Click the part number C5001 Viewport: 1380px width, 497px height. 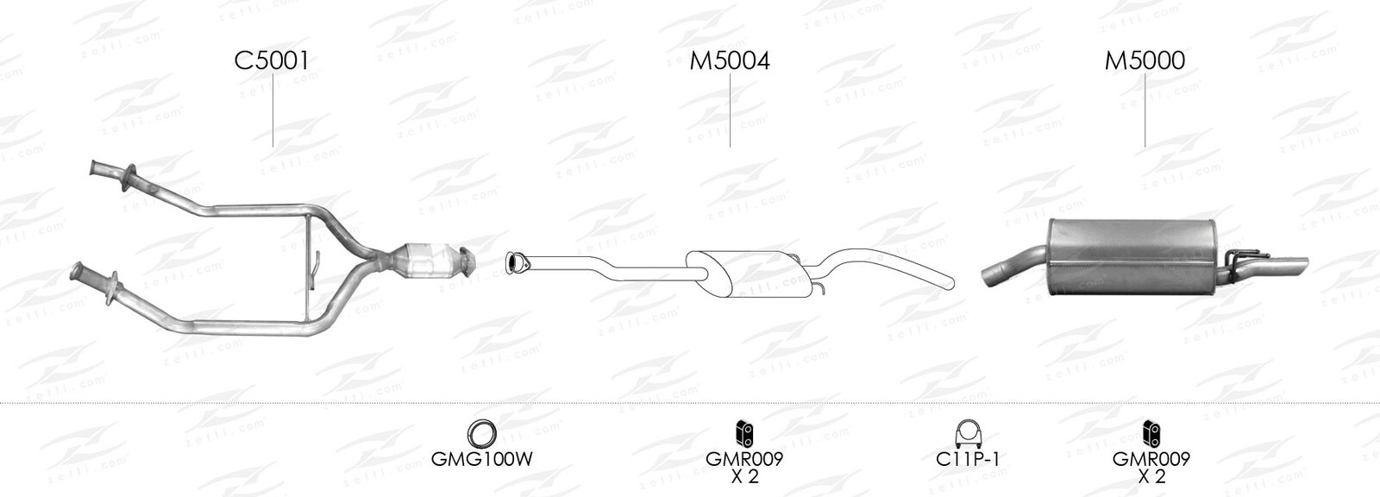tap(272, 61)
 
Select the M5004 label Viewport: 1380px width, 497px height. tap(730, 61)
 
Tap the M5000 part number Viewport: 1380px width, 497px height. tap(1145, 61)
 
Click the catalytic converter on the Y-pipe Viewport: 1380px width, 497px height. tap(426, 262)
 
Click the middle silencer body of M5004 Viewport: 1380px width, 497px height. tap(749, 274)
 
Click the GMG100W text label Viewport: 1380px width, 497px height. tap(481, 459)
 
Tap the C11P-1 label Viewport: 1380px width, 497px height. tap(967, 459)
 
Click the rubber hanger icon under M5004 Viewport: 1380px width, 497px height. tap(745, 434)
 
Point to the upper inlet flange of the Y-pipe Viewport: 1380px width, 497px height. tap(130, 178)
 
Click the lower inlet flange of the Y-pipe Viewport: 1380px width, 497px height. tap(114, 286)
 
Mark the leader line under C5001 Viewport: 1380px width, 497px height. tap(273, 110)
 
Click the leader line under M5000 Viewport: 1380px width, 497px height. tap(1145, 110)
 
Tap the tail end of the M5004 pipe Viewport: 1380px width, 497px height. tap(950, 282)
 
